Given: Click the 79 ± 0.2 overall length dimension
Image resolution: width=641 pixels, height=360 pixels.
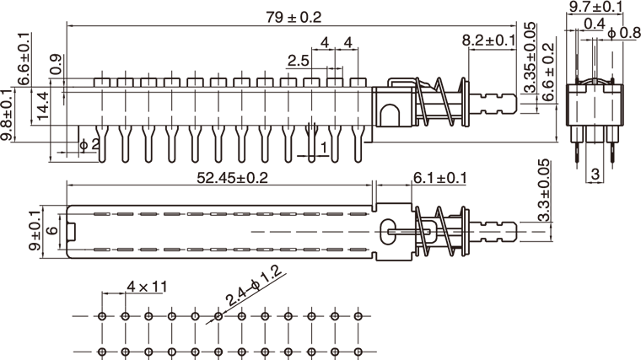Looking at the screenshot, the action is pos(294,18).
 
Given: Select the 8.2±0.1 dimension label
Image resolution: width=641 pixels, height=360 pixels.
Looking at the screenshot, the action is pos(489,40).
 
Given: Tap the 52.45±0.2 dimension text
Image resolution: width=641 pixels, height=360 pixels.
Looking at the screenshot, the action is pos(232,178).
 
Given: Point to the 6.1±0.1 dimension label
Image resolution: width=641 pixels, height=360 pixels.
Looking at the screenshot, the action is pos(440,178).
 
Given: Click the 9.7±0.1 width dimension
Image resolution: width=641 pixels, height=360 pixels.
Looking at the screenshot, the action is pos(596,7).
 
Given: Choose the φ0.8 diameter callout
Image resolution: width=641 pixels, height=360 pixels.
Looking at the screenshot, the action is pos(624,33).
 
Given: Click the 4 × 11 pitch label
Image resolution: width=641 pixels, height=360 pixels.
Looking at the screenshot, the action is pos(147,287).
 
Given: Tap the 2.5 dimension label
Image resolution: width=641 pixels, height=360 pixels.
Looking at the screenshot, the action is pos(299,62).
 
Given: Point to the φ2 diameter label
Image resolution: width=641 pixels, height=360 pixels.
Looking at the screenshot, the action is pos(90,144).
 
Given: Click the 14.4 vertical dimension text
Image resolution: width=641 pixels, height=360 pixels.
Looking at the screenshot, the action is pos(43,106).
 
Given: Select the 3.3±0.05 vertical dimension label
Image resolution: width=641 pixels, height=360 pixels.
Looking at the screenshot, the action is pos(544,191).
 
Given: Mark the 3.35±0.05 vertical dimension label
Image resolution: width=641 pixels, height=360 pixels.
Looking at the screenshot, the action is pos(530,57).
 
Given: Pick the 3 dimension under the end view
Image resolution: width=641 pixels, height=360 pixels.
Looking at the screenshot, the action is pos(595,174).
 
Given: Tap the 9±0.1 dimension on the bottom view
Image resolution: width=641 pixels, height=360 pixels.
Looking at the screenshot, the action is pos(35,230).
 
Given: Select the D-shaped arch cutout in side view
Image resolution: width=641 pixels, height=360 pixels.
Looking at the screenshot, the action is pos(388,115).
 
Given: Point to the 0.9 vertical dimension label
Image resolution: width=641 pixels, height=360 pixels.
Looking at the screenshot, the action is pos(56,65).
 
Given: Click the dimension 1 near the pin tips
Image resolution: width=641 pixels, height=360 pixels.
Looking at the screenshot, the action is pos(324,147).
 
